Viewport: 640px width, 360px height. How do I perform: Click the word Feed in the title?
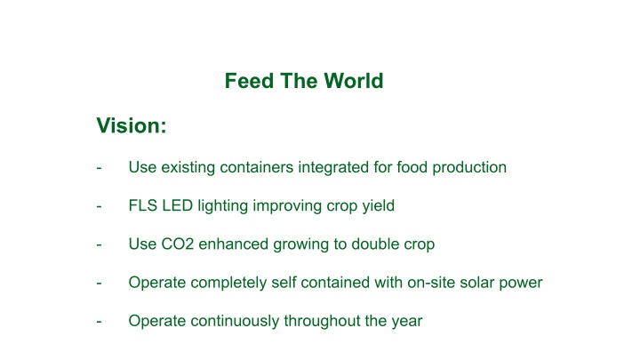pos(249,81)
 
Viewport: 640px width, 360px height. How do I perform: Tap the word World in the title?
pos(354,81)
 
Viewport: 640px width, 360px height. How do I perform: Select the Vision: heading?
pos(132,125)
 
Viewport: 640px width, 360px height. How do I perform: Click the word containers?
pos(256,167)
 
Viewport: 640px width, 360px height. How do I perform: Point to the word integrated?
pos(333,168)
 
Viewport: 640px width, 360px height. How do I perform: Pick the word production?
pos(469,168)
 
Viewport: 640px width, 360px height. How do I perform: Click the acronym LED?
pos(178,205)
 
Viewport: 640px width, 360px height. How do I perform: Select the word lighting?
pos(223,205)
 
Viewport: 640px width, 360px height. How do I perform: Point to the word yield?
pos(379,205)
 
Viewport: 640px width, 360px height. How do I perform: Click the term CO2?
pos(178,244)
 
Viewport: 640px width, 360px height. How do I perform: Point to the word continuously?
pos(235,321)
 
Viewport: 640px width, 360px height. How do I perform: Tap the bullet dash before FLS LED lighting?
pos(99,206)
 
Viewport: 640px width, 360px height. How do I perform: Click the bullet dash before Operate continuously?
pos(99,322)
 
